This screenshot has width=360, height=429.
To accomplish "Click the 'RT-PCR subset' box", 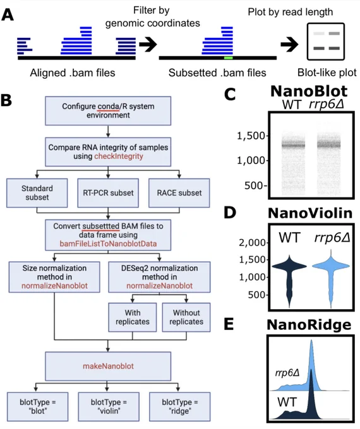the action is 108,193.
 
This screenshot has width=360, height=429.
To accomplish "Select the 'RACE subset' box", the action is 179,193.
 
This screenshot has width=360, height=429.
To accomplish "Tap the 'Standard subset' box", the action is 37,193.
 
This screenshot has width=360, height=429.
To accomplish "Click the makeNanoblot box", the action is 108,366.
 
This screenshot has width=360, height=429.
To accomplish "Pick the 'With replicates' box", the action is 133,317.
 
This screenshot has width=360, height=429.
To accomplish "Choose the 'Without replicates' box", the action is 186,317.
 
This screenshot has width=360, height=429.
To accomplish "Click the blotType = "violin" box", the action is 109,406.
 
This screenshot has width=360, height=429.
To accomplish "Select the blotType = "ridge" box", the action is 180,406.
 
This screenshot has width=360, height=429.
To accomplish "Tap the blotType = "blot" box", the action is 37,406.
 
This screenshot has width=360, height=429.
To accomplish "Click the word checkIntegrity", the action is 119,156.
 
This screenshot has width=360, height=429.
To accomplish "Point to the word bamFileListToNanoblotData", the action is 108,244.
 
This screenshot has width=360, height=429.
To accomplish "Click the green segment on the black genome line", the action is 228,58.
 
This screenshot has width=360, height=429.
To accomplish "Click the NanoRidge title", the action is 309,325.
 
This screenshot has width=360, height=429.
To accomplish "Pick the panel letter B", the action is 6,100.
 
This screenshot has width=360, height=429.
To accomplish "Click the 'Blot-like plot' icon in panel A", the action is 325,42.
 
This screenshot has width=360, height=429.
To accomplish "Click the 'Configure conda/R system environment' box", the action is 108,111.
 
